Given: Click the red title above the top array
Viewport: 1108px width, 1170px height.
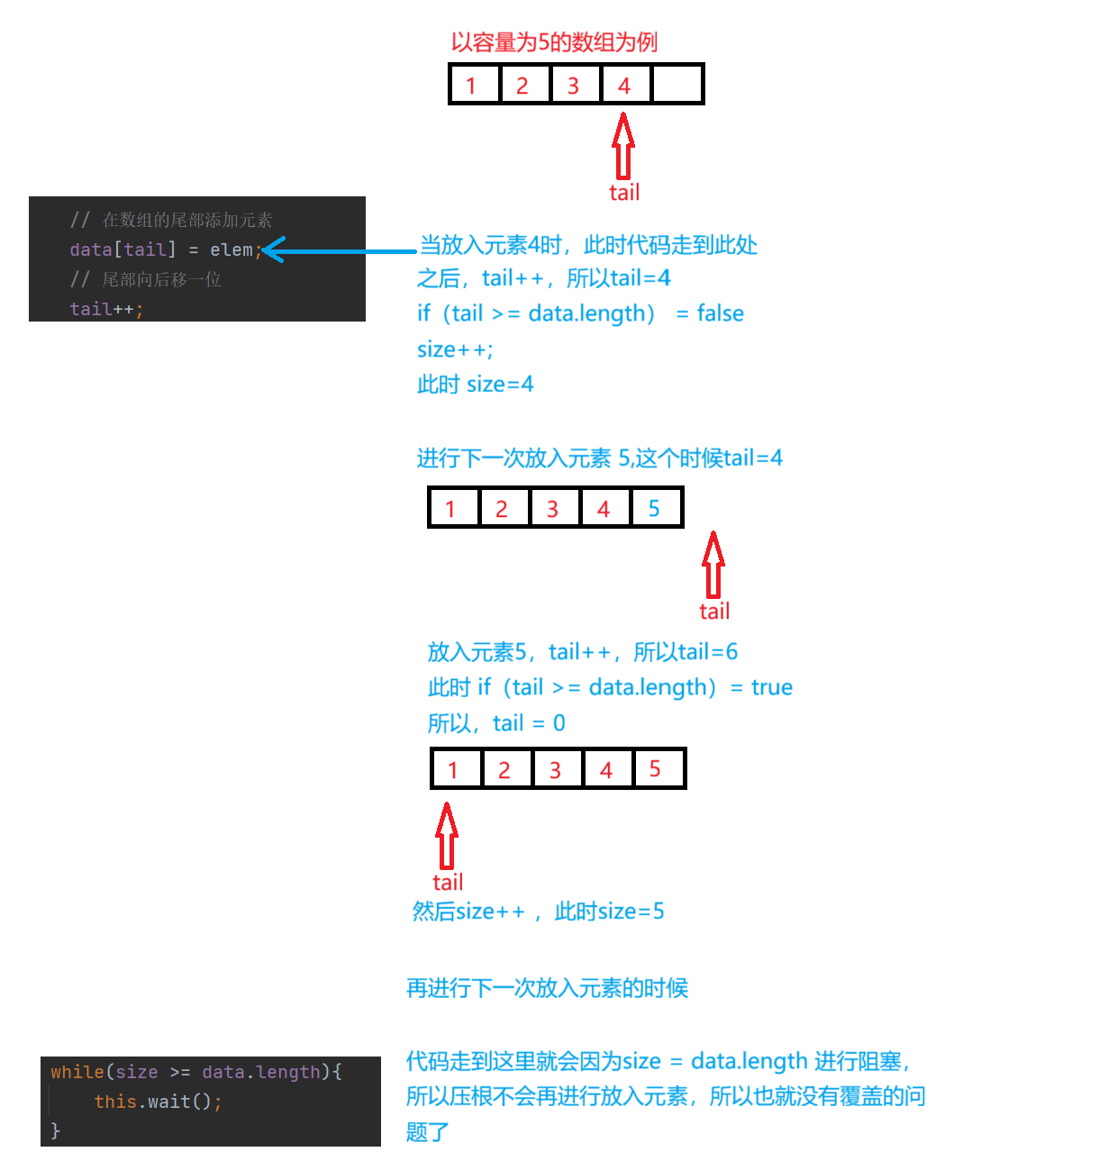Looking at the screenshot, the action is (x=554, y=42).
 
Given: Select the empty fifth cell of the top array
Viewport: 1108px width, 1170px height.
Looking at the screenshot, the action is (x=677, y=85).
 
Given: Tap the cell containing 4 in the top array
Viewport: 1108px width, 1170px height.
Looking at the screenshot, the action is (x=624, y=85).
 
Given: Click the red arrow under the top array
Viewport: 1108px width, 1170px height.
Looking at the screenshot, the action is (x=623, y=145).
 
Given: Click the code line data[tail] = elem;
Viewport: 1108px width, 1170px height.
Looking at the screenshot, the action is (x=165, y=249).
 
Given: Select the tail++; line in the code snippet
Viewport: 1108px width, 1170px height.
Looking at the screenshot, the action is (x=106, y=309).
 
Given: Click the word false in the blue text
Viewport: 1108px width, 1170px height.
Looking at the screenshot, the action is (x=721, y=313).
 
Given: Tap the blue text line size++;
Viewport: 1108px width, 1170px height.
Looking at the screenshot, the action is (x=455, y=349).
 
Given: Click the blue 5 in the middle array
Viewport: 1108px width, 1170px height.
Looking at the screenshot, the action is (x=655, y=508).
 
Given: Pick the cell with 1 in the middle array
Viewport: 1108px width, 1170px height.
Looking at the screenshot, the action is (x=452, y=508).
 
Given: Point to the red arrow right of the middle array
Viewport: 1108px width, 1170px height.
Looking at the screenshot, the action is (x=713, y=564).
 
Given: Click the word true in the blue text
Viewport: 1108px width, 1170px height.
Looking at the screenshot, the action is (x=772, y=687).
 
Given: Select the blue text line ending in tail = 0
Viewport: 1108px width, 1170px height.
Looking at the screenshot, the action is (x=496, y=723).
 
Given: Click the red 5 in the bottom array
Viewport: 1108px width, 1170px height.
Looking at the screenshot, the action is (x=656, y=769).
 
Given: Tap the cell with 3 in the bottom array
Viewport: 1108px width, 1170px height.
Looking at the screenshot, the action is (x=556, y=769).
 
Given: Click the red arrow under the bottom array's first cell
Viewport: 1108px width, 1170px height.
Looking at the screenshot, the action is (x=447, y=835).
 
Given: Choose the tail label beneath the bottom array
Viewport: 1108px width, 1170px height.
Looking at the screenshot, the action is (x=448, y=883).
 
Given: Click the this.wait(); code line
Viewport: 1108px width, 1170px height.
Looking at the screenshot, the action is (x=158, y=1102).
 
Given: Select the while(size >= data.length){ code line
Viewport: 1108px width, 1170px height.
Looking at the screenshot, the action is (x=196, y=1072).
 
